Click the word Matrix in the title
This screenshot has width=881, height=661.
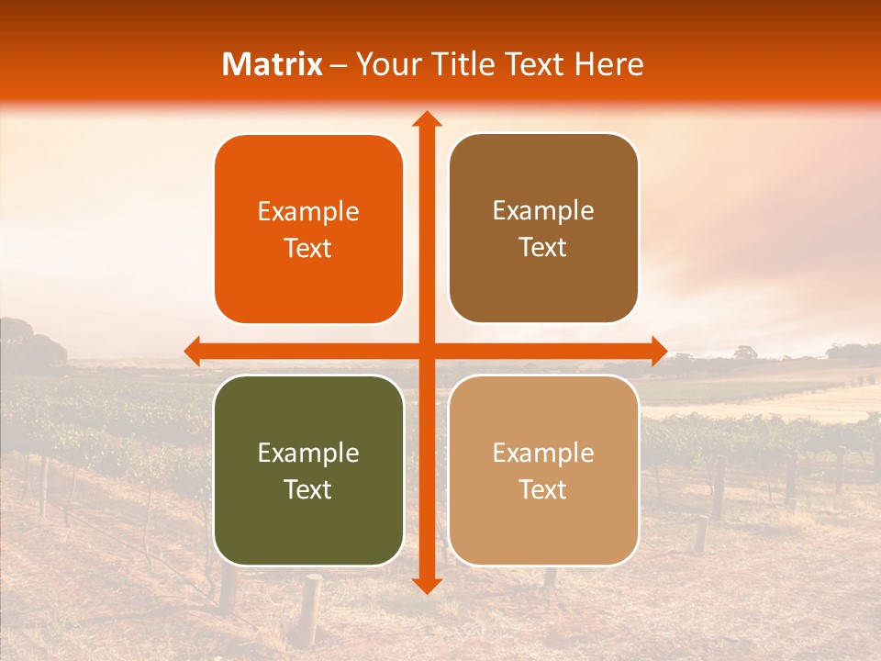273,64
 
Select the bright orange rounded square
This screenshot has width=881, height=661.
308,230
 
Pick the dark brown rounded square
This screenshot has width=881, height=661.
543,229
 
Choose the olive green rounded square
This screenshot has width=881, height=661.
308,470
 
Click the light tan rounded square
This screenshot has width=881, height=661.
543,470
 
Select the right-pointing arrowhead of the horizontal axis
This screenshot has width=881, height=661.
658,351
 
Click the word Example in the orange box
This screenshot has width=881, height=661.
308,212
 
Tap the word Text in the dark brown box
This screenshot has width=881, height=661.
543,248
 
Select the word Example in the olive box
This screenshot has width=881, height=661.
308,454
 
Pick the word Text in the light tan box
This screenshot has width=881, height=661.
543,489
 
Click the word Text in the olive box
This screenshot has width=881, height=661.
308,489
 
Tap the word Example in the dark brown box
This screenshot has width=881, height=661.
543,211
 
